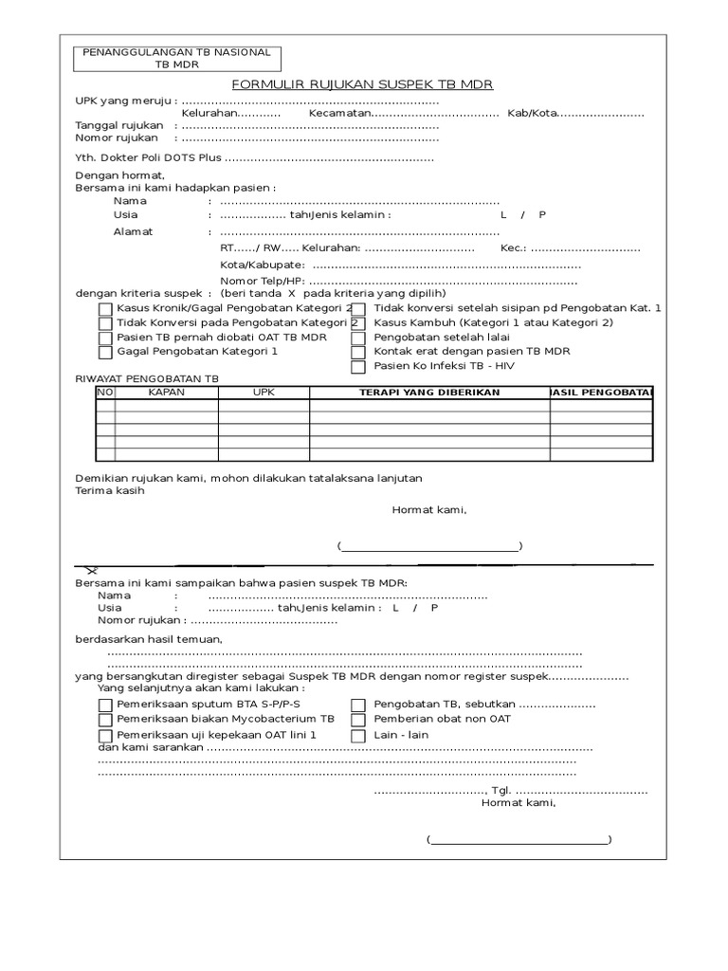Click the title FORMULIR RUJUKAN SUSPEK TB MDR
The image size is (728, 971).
363,83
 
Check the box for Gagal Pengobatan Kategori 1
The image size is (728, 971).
105,352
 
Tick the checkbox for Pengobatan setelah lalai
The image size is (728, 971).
357,338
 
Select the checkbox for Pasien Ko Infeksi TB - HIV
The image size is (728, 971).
357,366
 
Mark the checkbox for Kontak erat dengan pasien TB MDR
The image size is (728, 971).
357,352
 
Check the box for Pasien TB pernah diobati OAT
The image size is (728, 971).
105,338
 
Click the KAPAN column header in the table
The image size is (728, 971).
167,393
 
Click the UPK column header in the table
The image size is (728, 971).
263,393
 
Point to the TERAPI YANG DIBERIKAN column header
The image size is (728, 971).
428,393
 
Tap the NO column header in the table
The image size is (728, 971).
105,393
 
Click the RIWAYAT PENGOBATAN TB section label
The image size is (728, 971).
146,377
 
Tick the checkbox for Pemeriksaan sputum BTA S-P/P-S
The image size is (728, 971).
105,705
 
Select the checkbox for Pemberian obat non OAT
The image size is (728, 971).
357,720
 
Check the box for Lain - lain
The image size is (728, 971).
357,735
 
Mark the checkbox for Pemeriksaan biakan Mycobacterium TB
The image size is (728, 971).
105,720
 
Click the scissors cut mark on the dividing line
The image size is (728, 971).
91,570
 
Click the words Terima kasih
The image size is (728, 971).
110,491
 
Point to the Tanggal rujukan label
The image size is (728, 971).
119,125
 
